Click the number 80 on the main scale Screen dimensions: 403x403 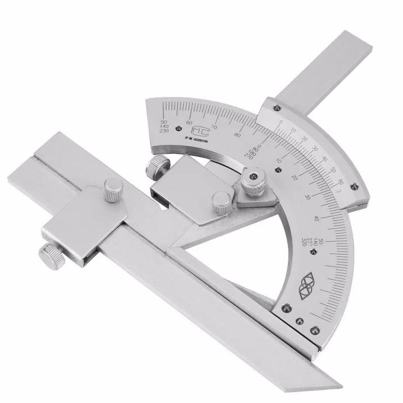[x=237, y=135]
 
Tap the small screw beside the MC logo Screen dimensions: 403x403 [x=179, y=128]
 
